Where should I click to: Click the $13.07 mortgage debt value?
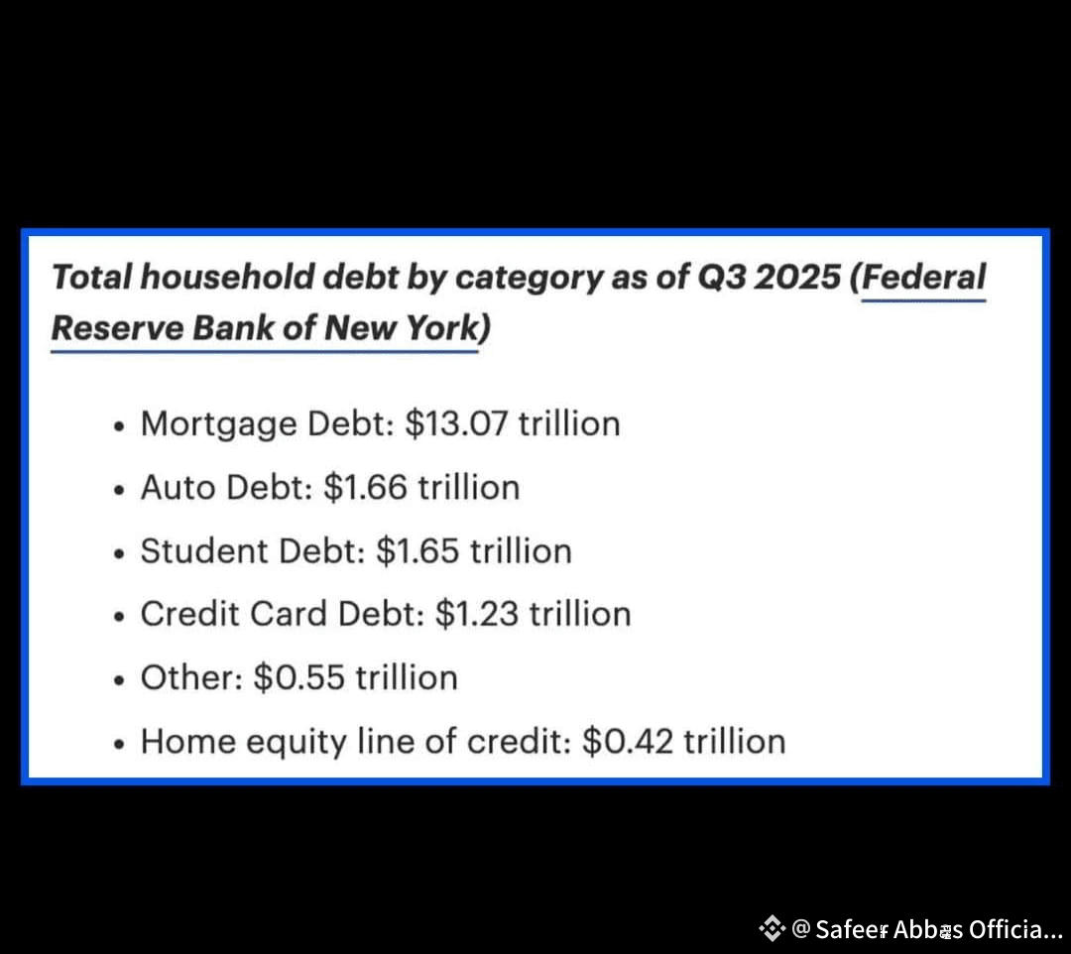[x=456, y=423]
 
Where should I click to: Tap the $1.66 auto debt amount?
[x=365, y=487]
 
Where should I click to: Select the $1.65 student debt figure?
[x=417, y=550]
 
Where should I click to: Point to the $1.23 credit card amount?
[x=477, y=613]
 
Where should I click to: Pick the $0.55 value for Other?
[x=299, y=677]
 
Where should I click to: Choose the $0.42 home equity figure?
[x=628, y=741]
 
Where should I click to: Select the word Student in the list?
[x=204, y=550]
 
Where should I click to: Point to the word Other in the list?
[x=187, y=677]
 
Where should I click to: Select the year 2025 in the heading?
[x=797, y=277]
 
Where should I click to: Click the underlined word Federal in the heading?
[x=923, y=277]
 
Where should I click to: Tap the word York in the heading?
[x=444, y=328]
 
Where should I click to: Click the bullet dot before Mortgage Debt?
[x=120, y=426]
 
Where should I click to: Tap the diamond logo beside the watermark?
[x=772, y=928]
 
